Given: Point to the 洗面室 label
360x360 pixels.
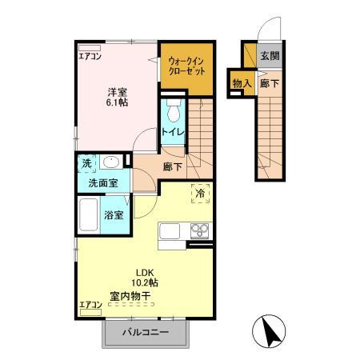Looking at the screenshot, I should tap(102, 182).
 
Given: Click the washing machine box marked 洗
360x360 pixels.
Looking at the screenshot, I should tap(86, 162).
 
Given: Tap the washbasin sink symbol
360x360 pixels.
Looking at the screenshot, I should tap(111, 163).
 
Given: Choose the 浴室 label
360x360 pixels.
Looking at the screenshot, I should tap(114, 214).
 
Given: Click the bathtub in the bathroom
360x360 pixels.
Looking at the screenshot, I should tap(88, 214).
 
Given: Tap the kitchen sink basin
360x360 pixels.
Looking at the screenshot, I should tap(172, 232).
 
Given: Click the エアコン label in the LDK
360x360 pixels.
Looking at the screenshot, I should tap(90, 305).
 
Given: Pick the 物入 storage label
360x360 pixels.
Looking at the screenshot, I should tap(242, 82).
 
